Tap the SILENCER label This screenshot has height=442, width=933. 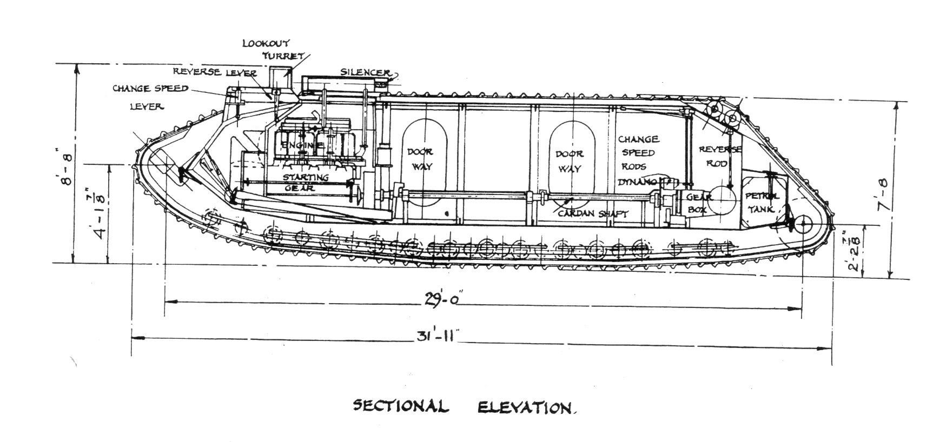(365, 72)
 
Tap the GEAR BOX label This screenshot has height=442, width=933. (699, 203)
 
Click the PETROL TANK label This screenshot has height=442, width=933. (762, 202)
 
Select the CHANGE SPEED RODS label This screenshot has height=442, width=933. (639, 153)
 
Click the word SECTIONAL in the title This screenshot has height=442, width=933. (401, 406)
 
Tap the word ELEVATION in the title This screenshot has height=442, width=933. (525, 407)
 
